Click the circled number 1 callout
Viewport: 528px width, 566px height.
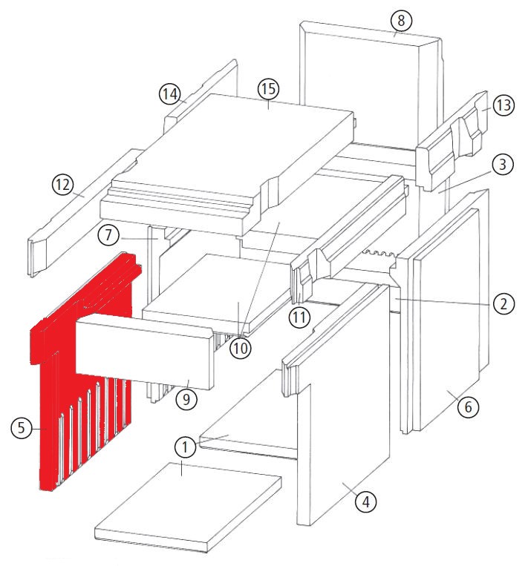pyautogui.click(x=185, y=447)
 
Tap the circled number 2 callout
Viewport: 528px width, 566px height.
pyautogui.click(x=503, y=303)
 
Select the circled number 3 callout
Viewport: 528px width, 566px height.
pyautogui.click(x=503, y=165)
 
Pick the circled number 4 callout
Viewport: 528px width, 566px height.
pyautogui.click(x=365, y=501)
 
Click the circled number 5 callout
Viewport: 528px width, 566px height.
pyautogui.click(x=22, y=428)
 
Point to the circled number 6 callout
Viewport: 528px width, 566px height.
pyautogui.click(x=468, y=407)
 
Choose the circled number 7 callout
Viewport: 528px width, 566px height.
pyautogui.click(x=108, y=235)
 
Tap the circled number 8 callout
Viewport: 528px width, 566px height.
pyautogui.click(x=401, y=21)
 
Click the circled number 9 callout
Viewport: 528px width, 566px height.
pyautogui.click(x=186, y=399)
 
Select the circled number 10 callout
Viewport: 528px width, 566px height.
pyautogui.click(x=241, y=349)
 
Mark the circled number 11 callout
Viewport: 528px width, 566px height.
pyautogui.click(x=299, y=317)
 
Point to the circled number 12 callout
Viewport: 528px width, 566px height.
pyautogui.click(x=63, y=185)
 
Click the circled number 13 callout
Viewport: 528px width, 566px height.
pyautogui.click(x=503, y=105)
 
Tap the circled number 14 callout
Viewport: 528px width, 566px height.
pyautogui.click(x=170, y=94)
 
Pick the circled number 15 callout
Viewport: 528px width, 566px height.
pyautogui.click(x=269, y=89)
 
